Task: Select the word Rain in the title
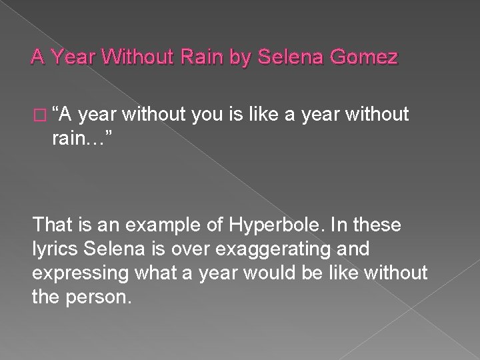206,58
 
